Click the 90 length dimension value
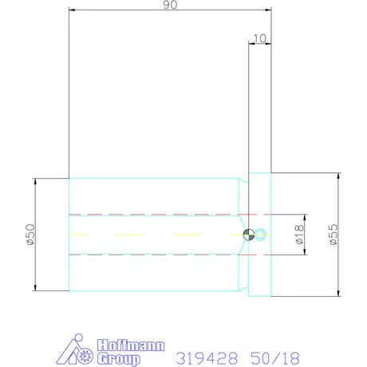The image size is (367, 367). (170, 6)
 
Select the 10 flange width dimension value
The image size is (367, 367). (259, 38)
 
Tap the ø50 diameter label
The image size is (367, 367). (30, 235)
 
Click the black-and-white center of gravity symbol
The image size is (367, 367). (249, 235)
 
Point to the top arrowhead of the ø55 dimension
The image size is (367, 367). (340, 177)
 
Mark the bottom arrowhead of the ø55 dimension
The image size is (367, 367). (340, 294)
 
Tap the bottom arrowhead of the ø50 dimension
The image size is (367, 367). (37, 288)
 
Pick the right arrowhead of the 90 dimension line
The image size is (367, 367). (269, 11)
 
